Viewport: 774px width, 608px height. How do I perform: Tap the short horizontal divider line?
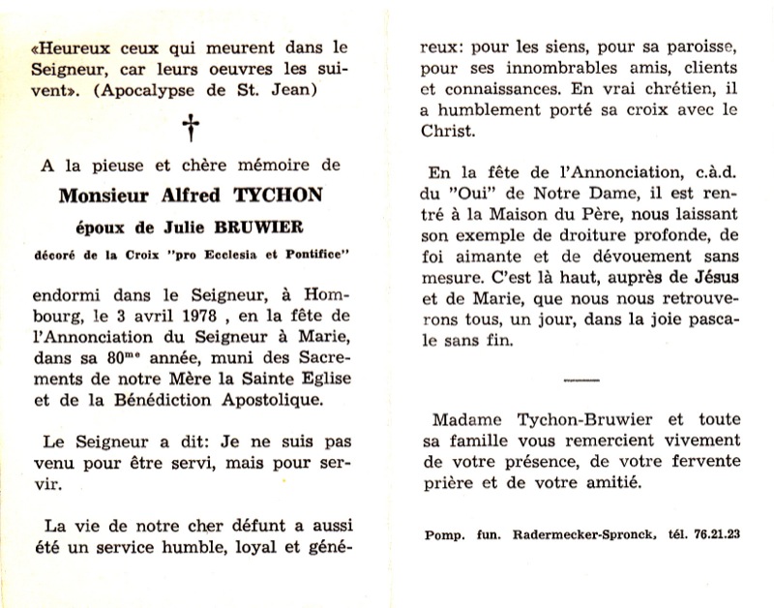(x=578, y=382)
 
